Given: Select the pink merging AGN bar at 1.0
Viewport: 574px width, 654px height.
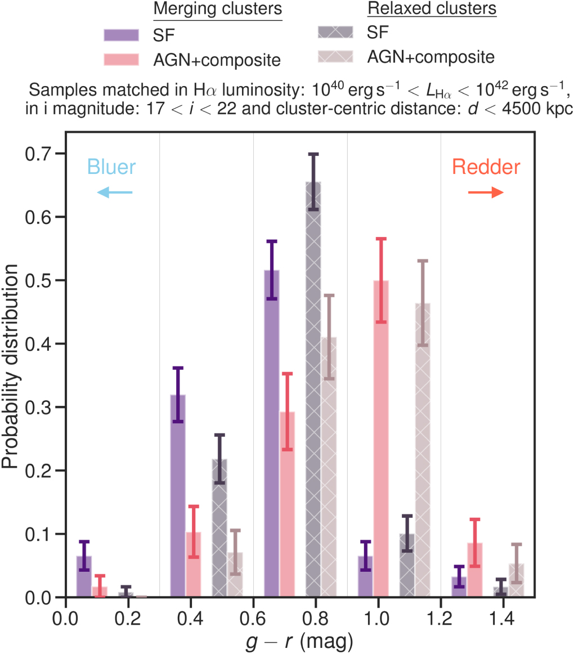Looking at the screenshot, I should (x=381, y=439).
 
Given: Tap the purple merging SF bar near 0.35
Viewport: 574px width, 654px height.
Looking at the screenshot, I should (x=178, y=495).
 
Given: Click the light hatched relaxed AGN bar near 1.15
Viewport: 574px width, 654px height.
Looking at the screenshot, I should (x=423, y=450).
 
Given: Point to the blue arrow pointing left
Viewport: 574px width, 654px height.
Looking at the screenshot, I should (x=114, y=193).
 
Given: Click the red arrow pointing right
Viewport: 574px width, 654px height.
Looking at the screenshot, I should (x=486, y=192).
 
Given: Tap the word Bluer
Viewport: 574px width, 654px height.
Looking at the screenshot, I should (x=112, y=167).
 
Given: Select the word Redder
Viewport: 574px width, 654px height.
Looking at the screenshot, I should (x=486, y=167).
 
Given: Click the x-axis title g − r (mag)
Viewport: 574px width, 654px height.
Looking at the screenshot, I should (x=300, y=640).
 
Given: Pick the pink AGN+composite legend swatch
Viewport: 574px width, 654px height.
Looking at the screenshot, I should (x=121, y=59).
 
